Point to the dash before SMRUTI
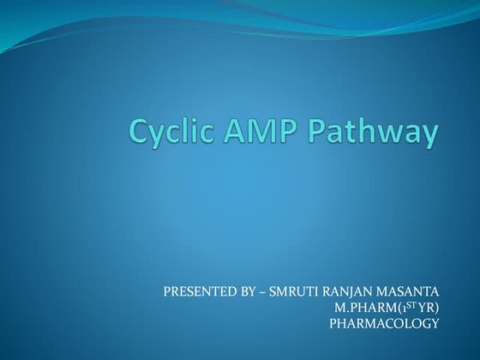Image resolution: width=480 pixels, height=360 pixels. (260, 292)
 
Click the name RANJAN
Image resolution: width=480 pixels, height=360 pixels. (341, 292)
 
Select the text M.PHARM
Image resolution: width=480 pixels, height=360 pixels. (362, 308)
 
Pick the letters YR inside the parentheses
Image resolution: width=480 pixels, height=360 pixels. (419, 308)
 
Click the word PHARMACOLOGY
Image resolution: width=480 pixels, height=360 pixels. (384, 323)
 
